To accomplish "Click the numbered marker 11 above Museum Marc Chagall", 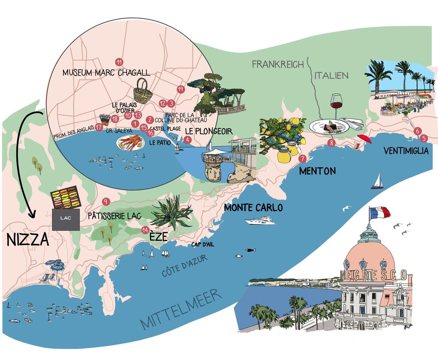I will click(x=118, y=62).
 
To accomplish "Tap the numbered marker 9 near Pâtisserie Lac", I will click(x=106, y=201).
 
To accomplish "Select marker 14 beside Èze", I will click(x=145, y=230).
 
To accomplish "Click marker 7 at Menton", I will click(x=302, y=159).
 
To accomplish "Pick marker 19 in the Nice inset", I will click(x=180, y=89).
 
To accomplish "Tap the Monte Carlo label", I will click(x=253, y=208).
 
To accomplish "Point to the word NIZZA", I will click(x=27, y=240).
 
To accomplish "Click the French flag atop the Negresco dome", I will click(x=379, y=212).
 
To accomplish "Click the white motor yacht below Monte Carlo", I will click(x=260, y=220).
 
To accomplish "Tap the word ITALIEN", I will click(x=331, y=75).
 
